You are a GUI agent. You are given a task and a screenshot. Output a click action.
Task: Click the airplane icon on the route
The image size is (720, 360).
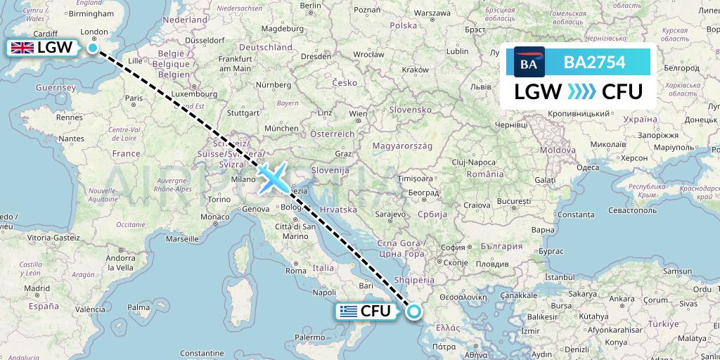point(271,177)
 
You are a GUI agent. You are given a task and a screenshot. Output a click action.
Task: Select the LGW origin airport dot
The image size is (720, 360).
point(93,48)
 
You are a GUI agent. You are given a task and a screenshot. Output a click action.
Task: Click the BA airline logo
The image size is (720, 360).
point(529,62)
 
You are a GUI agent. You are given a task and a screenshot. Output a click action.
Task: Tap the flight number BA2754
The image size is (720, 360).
point(594,62)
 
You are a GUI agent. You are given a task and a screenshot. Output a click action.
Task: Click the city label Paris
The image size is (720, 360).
point(134,99)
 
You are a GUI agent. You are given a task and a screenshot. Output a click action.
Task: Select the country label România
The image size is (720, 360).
point(485,173)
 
